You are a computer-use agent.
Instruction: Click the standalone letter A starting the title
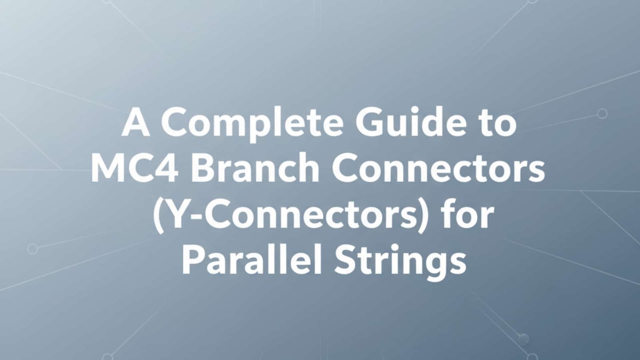pyautogui.click(x=136, y=122)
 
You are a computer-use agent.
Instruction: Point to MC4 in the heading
pyautogui.click(x=135, y=168)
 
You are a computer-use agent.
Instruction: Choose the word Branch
pyautogui.click(x=255, y=167)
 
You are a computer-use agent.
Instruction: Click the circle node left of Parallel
pyautogui.click(x=32, y=249)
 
